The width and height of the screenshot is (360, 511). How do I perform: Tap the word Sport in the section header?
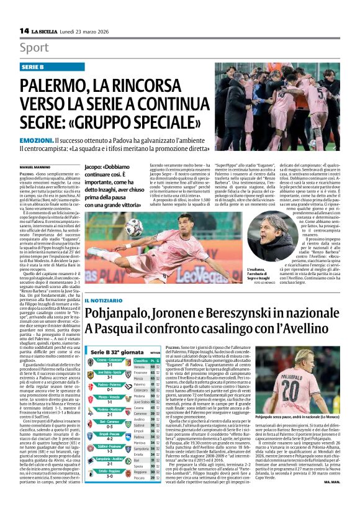tap(34, 48)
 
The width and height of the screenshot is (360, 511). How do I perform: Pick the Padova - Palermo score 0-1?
tap(108, 392)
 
